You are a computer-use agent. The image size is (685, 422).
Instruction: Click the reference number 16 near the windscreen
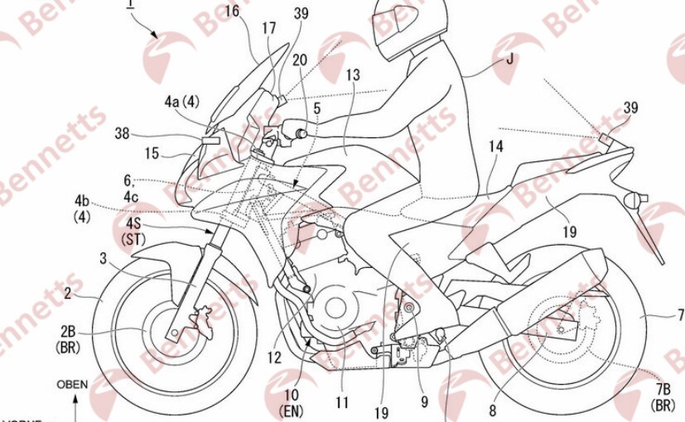(231, 11)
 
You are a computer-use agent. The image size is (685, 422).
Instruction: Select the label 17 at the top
(269, 28)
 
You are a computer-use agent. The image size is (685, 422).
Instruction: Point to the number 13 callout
(354, 75)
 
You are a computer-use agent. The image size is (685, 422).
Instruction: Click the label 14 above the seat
(496, 146)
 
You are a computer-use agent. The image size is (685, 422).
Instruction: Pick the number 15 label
(152, 152)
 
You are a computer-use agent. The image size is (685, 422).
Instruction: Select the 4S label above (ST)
(135, 224)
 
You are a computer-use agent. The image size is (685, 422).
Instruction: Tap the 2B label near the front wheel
(70, 333)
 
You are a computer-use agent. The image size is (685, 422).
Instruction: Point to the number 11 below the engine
(341, 404)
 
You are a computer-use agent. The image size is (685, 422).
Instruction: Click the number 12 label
(274, 357)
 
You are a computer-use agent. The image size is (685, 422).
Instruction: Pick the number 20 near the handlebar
(300, 60)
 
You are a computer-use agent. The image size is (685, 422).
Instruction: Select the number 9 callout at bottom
(423, 404)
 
